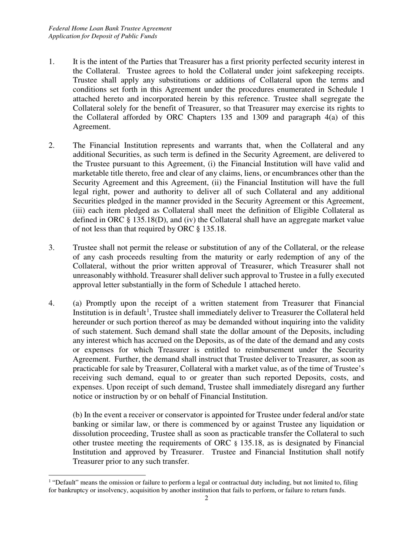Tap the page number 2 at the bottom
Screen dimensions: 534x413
point(206,498)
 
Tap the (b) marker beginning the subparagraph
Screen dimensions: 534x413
point(77,415)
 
